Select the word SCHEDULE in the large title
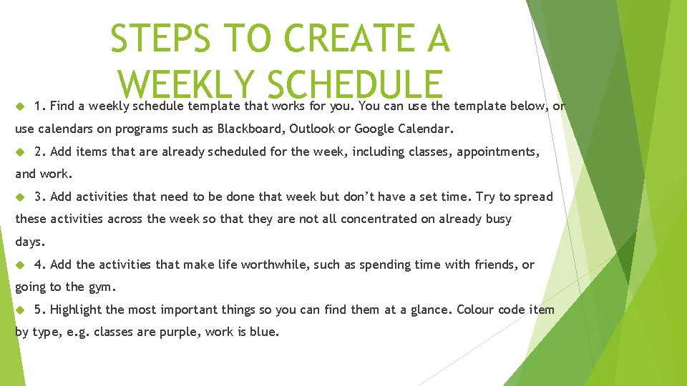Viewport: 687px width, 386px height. [354, 85]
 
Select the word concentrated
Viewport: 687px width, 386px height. [379, 219]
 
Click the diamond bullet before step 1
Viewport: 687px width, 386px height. [20, 107]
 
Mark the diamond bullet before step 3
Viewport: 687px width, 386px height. [20, 197]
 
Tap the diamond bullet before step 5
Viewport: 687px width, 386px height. [20, 310]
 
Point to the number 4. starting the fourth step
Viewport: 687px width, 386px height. [40, 264]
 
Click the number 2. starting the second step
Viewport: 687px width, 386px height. [40, 152]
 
